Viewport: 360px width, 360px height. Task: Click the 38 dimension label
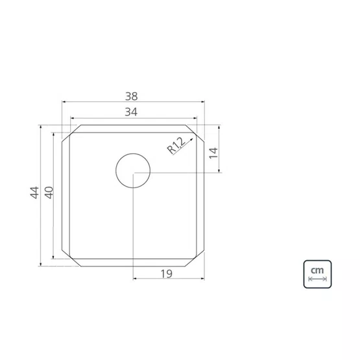coord(131,97)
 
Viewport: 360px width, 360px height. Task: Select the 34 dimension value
coord(131,112)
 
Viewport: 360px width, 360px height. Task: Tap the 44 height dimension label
coord(34,193)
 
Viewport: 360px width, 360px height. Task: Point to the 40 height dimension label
coord(49,193)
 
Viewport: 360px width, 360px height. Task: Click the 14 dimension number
coord(213,153)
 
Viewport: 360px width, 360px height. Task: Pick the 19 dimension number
coord(166,274)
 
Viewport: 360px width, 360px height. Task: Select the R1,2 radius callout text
coord(176,145)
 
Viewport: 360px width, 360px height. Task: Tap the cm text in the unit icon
coord(317,270)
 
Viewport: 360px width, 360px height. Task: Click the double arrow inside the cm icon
coord(317,279)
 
